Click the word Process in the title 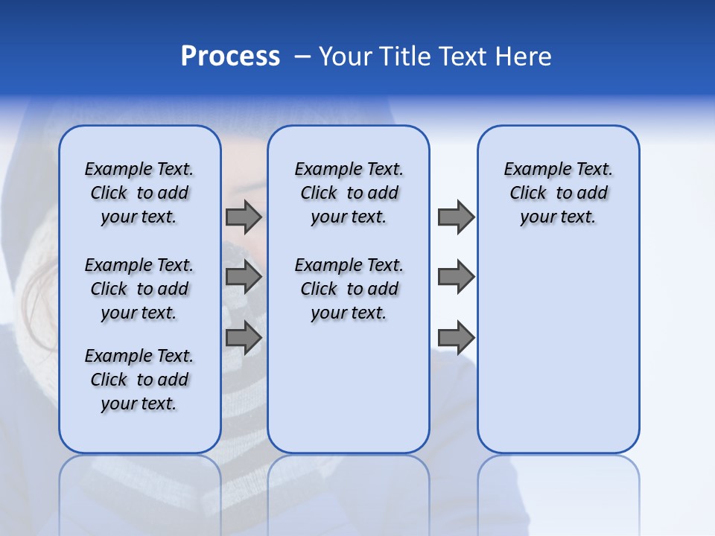[230, 57]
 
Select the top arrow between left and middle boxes [243, 217]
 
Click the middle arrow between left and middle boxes [243, 278]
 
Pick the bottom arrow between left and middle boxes [243, 339]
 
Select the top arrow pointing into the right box [456, 217]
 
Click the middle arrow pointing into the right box [456, 278]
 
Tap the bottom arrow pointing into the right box [456, 339]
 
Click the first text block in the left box [139, 193]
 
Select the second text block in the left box [139, 289]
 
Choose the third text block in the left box [139, 380]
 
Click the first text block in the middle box [349, 193]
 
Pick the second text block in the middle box [349, 289]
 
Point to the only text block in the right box [558, 193]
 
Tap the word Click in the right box [528, 194]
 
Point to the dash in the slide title [302, 57]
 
